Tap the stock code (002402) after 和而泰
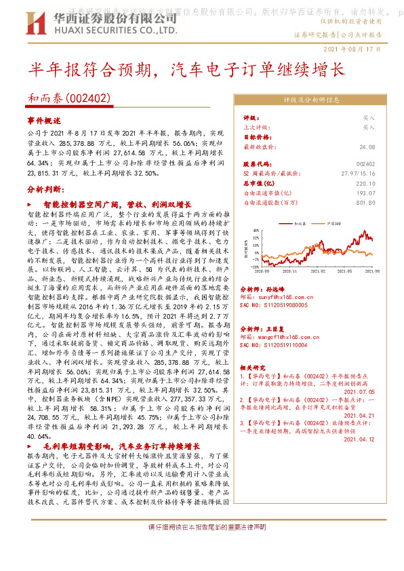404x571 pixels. tap(88, 98)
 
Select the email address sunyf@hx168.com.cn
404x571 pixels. tap(273, 296)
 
